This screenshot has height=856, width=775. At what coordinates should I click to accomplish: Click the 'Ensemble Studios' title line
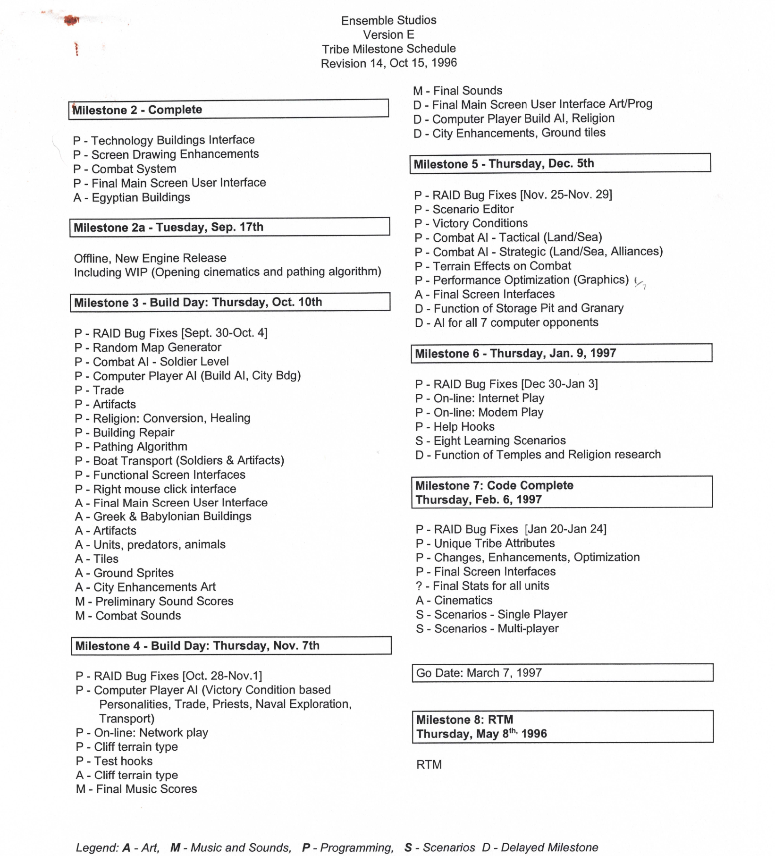click(x=388, y=20)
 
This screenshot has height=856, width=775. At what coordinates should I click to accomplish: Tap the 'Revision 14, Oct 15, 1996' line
click(x=388, y=63)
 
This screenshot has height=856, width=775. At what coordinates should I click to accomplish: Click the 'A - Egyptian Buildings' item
click(x=132, y=197)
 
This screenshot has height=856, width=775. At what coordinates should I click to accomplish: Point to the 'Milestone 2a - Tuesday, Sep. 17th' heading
click(x=229, y=227)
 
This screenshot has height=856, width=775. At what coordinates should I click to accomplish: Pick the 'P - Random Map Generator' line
click(x=148, y=347)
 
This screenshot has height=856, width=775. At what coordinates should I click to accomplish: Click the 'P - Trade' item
click(x=99, y=390)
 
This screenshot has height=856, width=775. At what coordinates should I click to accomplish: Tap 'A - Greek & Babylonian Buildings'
click(x=163, y=517)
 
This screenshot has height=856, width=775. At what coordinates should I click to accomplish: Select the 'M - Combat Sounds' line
click(x=128, y=616)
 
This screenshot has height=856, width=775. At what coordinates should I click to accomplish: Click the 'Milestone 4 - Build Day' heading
click(x=231, y=645)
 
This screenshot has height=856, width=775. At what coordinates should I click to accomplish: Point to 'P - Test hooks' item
click(x=114, y=761)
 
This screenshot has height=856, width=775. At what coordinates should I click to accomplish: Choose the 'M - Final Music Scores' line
click(x=136, y=789)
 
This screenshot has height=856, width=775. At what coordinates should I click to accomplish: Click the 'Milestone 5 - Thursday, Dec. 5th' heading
click(x=560, y=164)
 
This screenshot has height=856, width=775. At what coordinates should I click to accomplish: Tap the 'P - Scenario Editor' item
click(x=464, y=209)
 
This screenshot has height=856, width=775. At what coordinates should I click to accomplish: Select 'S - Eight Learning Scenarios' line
click(x=490, y=441)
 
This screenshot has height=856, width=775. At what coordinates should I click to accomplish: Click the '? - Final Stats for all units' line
click(x=482, y=586)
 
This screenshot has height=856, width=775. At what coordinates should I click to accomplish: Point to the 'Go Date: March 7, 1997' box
click(x=562, y=673)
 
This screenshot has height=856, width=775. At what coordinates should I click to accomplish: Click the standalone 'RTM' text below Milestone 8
click(x=429, y=765)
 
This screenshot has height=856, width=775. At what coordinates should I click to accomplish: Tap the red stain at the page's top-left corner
click(x=71, y=20)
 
